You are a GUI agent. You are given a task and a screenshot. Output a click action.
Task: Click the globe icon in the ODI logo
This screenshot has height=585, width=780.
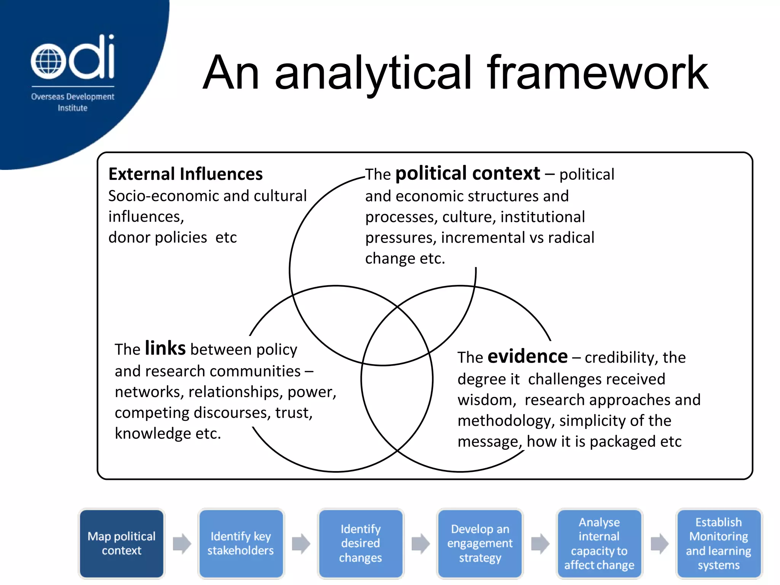(46, 61)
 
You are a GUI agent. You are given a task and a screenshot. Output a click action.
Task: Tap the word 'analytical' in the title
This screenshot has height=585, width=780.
(373, 73)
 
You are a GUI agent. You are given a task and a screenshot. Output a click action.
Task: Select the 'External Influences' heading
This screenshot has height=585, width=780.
(185, 174)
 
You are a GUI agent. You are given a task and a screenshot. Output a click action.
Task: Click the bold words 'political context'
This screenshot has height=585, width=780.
(467, 174)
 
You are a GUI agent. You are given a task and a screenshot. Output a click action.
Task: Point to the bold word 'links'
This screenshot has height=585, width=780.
(165, 348)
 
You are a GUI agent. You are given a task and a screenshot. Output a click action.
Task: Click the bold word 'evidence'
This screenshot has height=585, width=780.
(527, 356)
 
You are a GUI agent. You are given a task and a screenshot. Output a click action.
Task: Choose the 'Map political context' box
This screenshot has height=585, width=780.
(121, 543)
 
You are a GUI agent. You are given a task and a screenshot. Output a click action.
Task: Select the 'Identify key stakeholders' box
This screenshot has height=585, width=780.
(241, 543)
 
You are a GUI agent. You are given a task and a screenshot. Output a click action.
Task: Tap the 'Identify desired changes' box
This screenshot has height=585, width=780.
(360, 543)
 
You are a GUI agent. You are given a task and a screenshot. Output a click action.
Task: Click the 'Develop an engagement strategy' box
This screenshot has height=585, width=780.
(480, 543)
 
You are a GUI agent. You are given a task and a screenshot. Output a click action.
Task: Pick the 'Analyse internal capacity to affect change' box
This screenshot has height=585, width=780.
(599, 543)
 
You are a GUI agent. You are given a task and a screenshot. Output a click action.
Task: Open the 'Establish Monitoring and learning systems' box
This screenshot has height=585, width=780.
(718, 543)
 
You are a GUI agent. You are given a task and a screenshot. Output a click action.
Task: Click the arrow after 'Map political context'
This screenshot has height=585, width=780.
(182, 543)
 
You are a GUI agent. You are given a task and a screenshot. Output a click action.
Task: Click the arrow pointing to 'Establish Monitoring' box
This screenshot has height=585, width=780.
(659, 543)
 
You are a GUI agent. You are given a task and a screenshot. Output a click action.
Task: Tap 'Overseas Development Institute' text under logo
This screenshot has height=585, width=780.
(72, 102)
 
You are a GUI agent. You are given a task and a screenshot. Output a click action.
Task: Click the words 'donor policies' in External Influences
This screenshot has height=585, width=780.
(157, 238)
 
